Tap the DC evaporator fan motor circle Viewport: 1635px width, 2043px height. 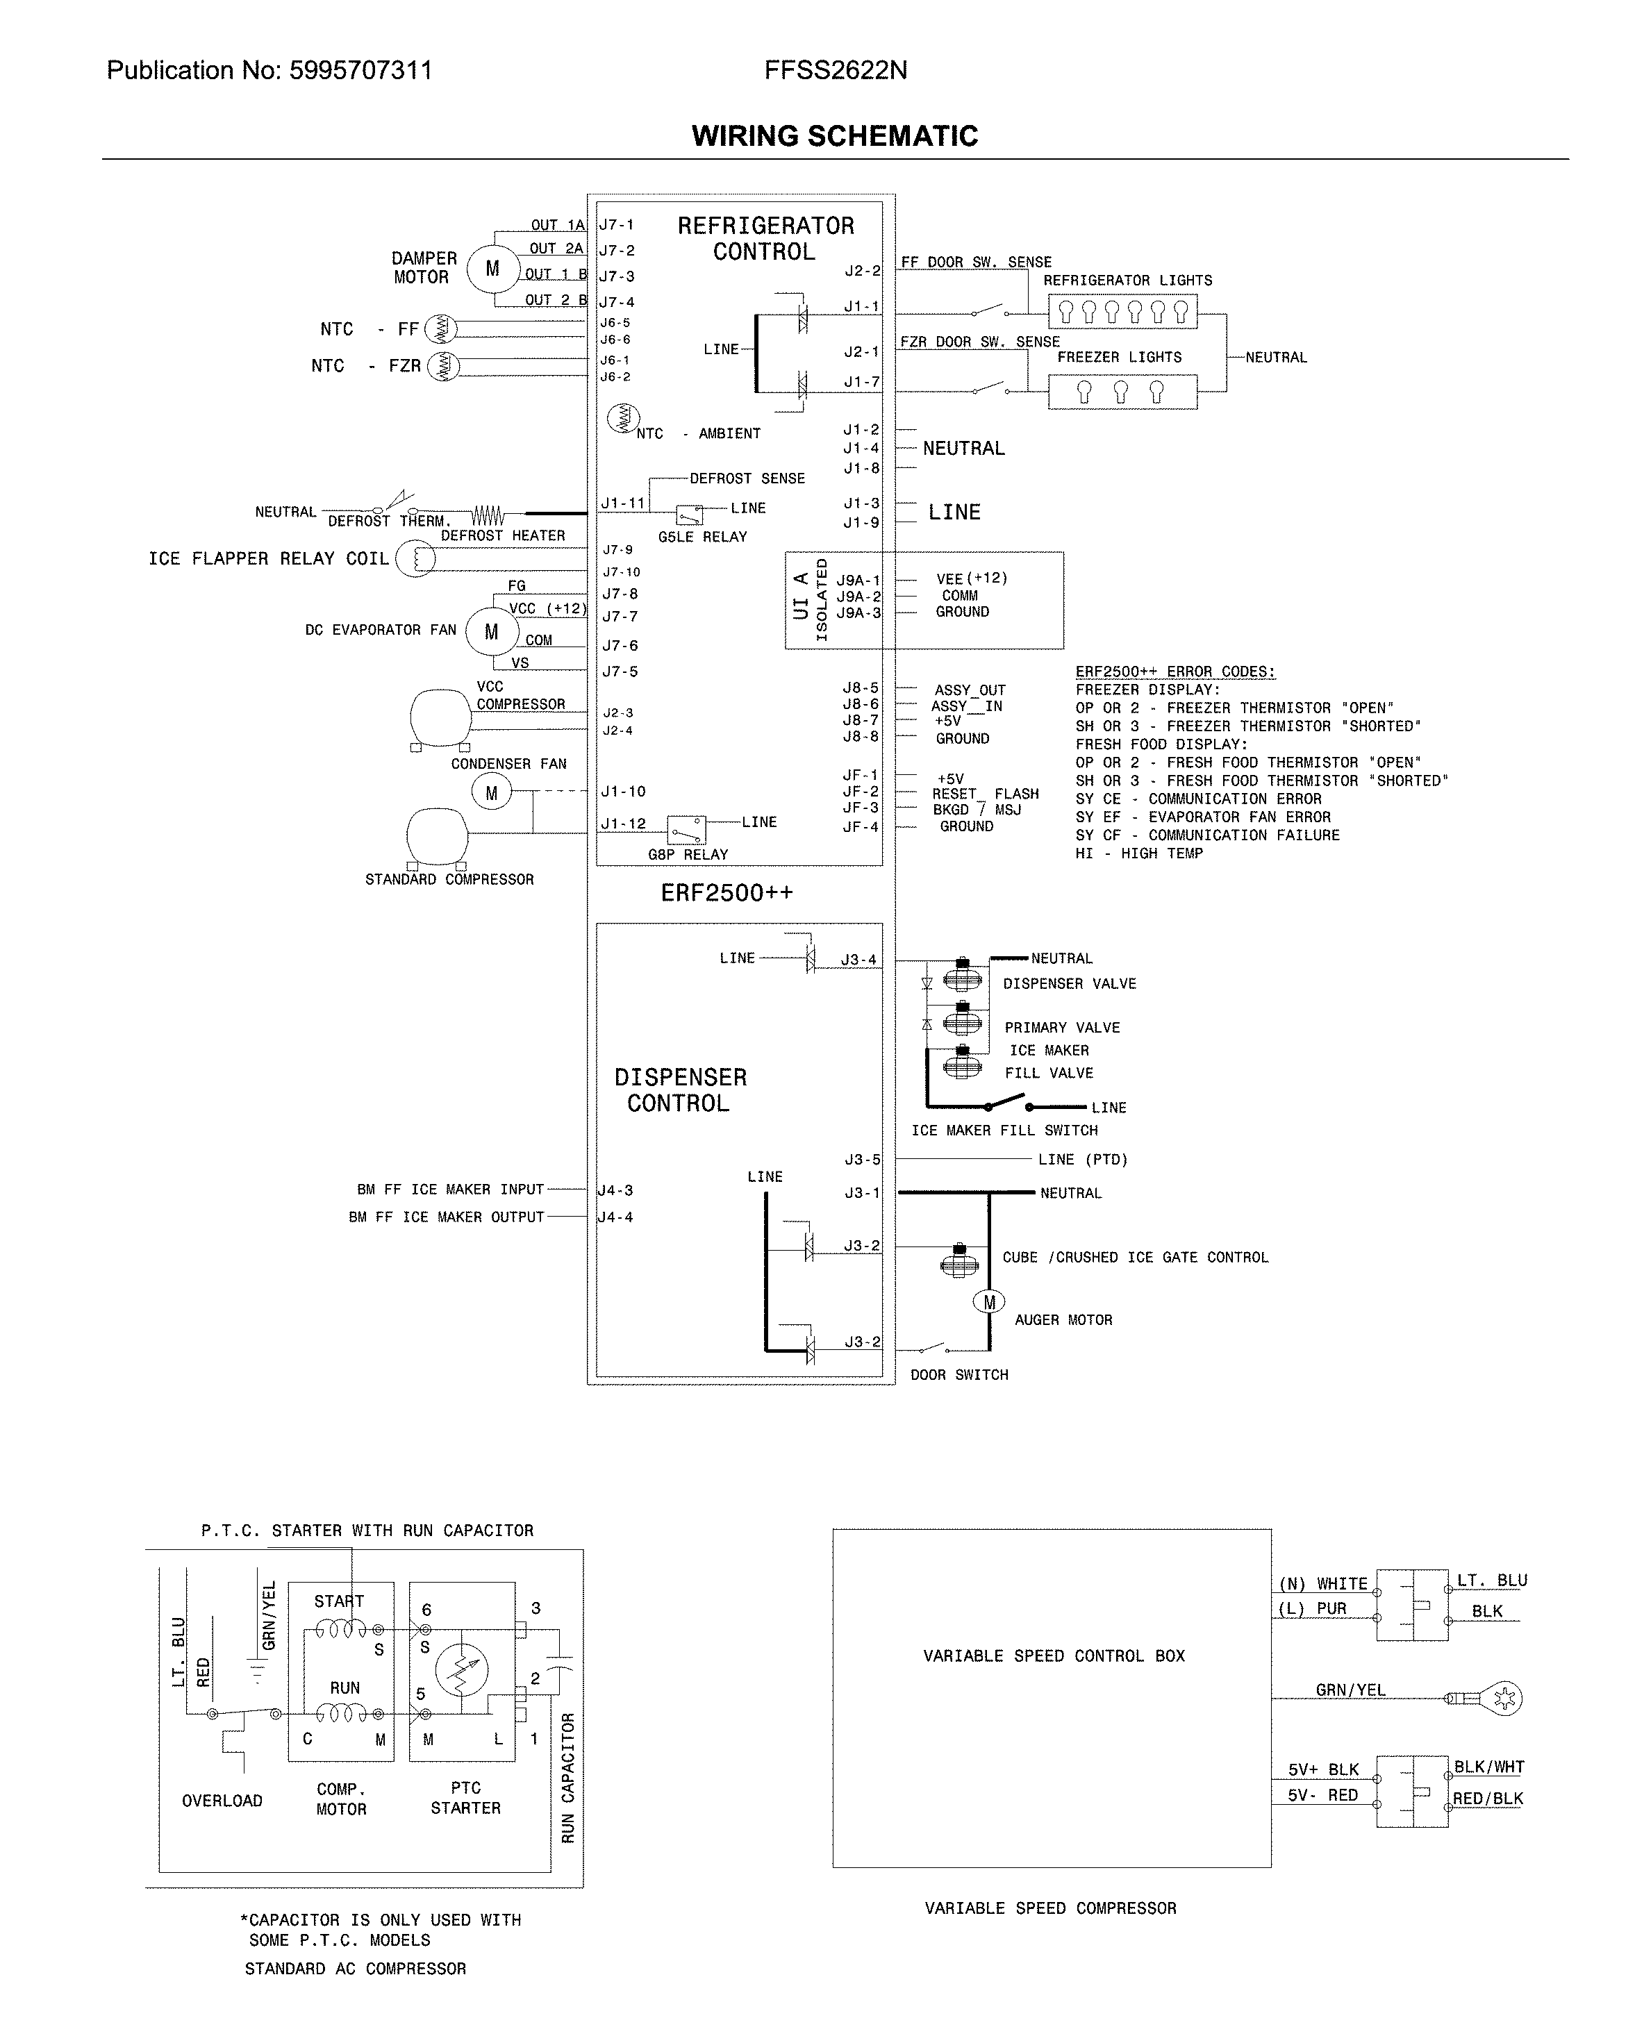491,632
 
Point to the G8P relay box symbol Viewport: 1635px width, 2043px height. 686,829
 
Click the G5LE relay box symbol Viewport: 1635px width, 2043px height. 689,515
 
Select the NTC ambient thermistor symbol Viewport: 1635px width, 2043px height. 623,417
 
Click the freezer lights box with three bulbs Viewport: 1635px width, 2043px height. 1122,392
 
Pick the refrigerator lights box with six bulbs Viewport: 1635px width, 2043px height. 1122,311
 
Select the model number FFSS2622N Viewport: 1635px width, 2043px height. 835,70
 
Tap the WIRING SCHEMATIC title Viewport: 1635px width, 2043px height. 834,135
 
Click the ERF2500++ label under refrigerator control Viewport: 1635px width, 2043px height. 727,892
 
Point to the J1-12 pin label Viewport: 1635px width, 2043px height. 623,824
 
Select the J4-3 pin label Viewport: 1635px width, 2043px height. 616,1190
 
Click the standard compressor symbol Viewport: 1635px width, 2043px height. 437,837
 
